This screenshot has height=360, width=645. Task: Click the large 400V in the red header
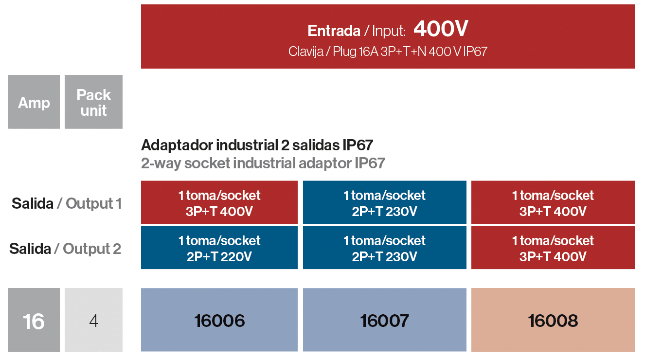click(x=441, y=29)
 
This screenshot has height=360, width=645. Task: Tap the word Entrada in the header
click(x=334, y=31)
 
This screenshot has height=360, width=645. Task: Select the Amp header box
click(x=34, y=102)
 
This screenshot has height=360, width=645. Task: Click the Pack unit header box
click(x=93, y=102)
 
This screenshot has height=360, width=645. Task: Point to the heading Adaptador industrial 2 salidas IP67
click(x=257, y=145)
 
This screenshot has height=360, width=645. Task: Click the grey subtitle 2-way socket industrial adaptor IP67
click(x=263, y=163)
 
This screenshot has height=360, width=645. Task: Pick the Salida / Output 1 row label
click(x=67, y=204)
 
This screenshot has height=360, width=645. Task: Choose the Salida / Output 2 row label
click(x=65, y=249)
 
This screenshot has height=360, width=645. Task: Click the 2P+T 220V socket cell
click(x=219, y=248)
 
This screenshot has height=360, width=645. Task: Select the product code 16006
click(x=219, y=321)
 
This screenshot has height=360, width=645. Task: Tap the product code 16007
click(x=384, y=321)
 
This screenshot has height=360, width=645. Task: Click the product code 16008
click(x=553, y=321)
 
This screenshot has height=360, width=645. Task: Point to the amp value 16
click(x=34, y=321)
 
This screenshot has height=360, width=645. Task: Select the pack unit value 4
click(x=93, y=321)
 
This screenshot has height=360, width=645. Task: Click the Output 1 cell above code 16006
click(x=219, y=202)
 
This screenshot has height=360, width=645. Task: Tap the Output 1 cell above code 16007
click(x=385, y=202)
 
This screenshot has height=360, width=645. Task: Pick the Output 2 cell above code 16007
click(x=385, y=248)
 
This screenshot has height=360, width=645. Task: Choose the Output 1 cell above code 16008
click(x=553, y=202)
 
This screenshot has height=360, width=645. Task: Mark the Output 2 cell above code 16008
click(x=553, y=248)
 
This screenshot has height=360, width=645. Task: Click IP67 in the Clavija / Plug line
click(x=475, y=52)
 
